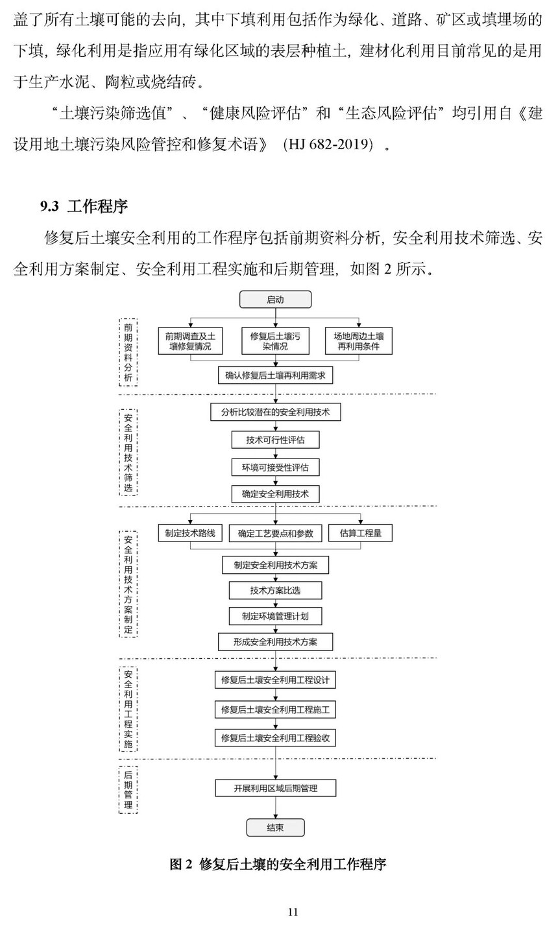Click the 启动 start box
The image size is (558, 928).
[275, 299]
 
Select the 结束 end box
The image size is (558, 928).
[275, 827]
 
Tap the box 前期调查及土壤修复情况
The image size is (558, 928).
[191, 341]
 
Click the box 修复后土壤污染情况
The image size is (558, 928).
[275, 341]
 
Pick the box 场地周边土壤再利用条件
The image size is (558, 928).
[359, 341]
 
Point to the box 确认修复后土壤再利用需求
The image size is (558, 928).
[275, 375]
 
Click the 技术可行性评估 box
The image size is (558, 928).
[275, 440]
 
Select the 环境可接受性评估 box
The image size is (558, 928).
[275, 467]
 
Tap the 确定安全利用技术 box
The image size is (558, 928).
[275, 494]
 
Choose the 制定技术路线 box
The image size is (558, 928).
[190, 533]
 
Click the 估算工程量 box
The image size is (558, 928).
[361, 533]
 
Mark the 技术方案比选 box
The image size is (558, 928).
[275, 590]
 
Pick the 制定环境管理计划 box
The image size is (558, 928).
[275, 616]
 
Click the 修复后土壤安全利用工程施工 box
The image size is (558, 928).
[275, 709]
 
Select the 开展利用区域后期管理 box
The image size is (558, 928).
[275, 789]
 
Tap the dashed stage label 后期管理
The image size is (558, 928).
[128, 789]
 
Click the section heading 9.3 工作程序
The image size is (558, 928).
[84, 207]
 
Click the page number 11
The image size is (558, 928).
[293, 912]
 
